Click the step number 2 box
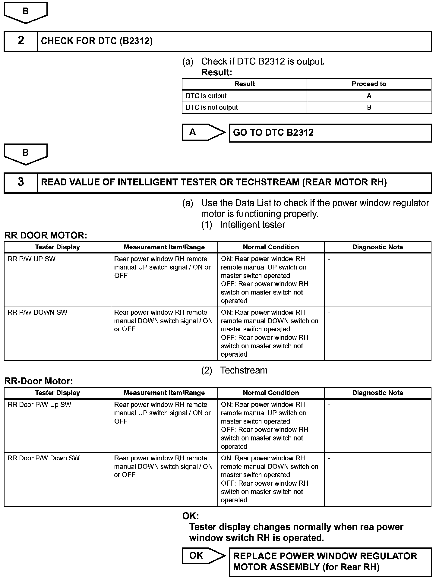pyautogui.click(x=21, y=41)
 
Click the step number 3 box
pyautogui.click(x=21, y=182)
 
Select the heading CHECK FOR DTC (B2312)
pyautogui.click(x=96, y=41)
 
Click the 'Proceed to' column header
pyautogui.click(x=369, y=84)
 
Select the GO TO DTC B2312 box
pyautogui.click(x=330, y=133)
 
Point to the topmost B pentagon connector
pyautogui.click(x=26, y=12)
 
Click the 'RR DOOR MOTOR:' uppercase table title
pyautogui.click(x=46, y=235)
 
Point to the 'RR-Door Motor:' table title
pyautogui.click(x=39, y=381)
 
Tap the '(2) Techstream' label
pyautogui.click(x=234, y=370)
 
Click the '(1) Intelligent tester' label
pyautogui.click(x=243, y=225)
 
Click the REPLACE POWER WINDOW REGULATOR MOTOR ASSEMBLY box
pyautogui.click(x=330, y=562)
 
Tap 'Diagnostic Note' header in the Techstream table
pyautogui.click(x=377, y=393)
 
